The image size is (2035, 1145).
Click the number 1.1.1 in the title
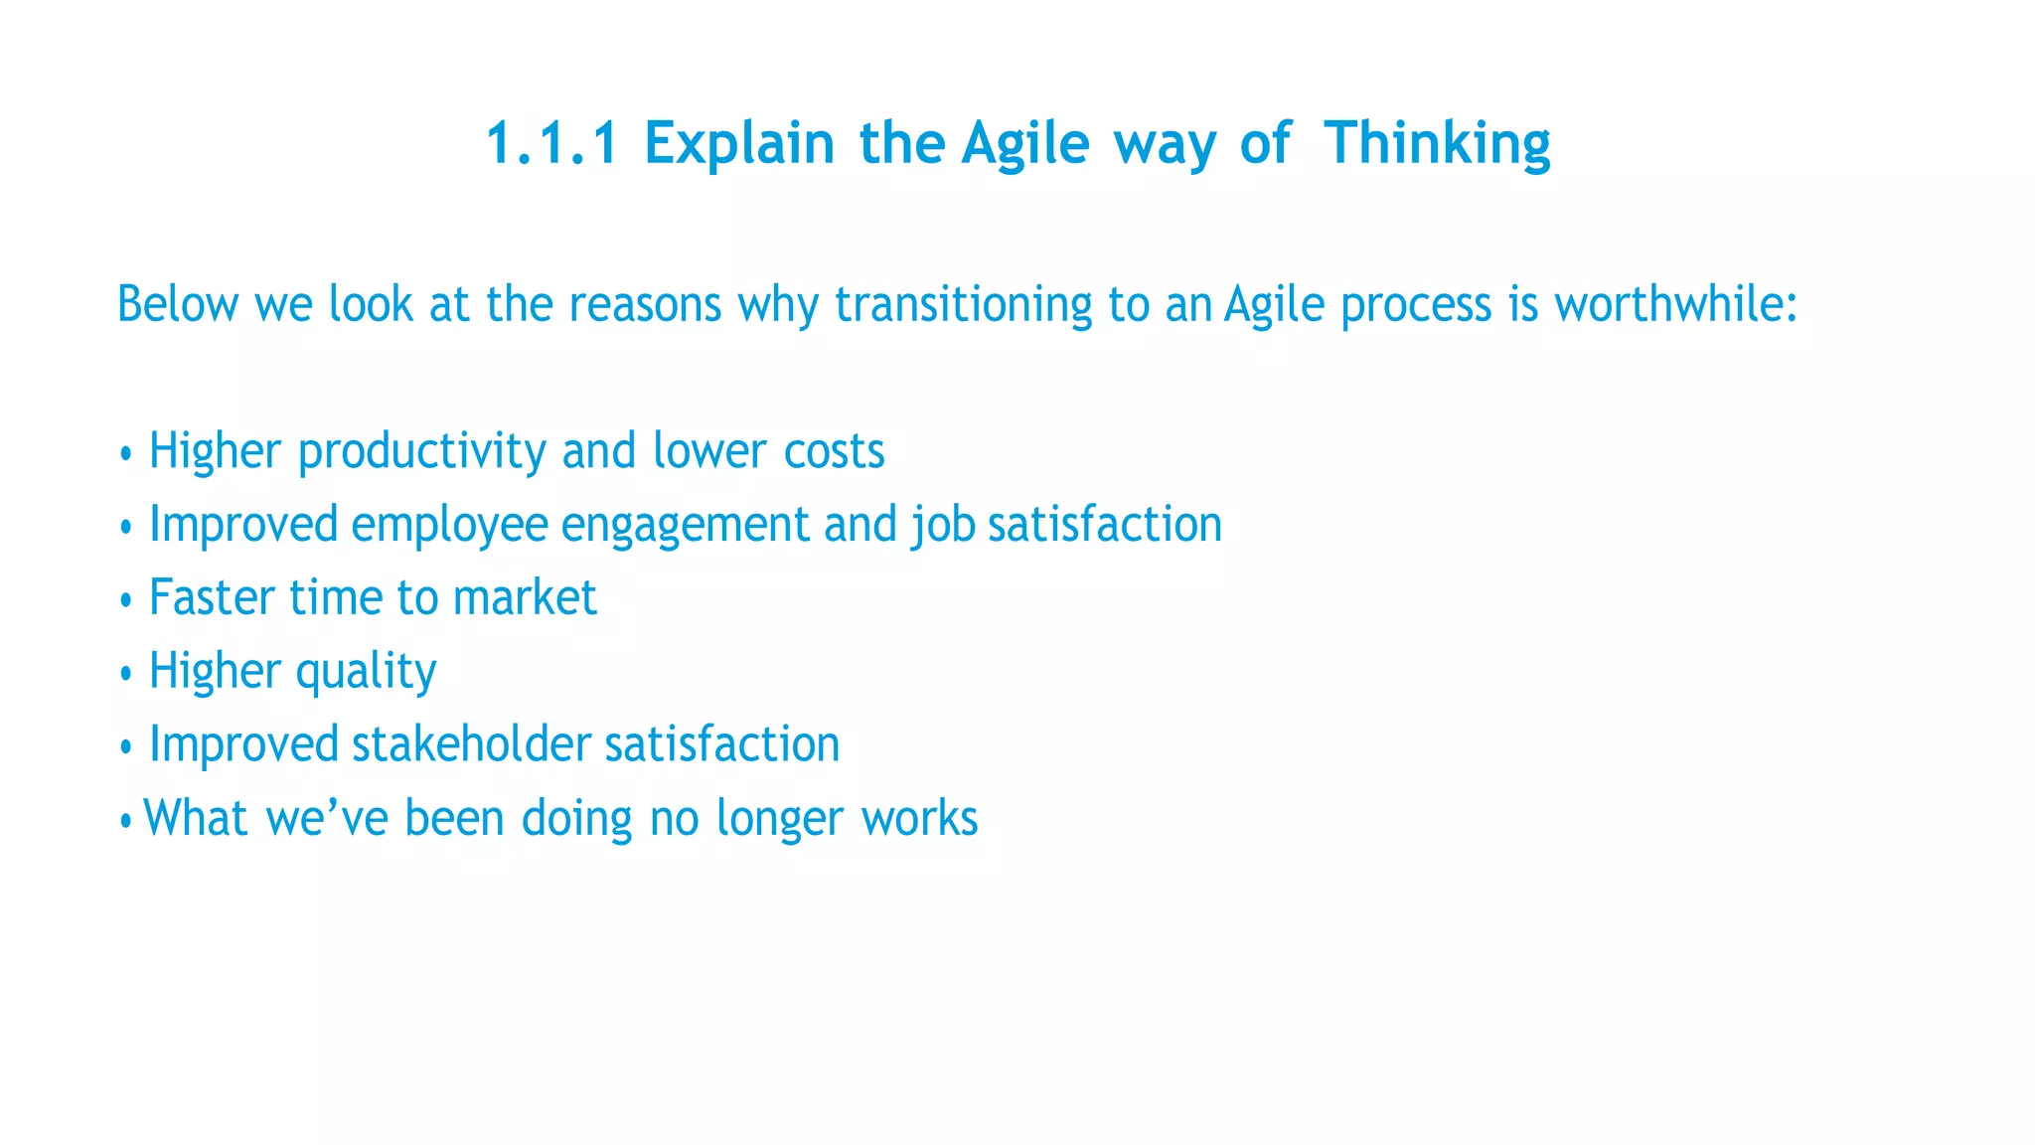551,143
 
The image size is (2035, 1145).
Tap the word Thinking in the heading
1437,143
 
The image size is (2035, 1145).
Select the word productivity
421,452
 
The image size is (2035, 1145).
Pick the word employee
449,526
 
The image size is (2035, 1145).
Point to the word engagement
685,526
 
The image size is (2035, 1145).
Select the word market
525,598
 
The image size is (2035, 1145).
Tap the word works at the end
919,819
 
